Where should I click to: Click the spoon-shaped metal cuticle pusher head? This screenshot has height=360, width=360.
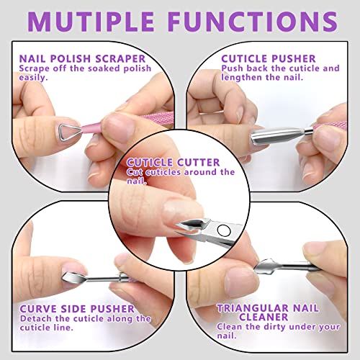(x=269, y=131)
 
